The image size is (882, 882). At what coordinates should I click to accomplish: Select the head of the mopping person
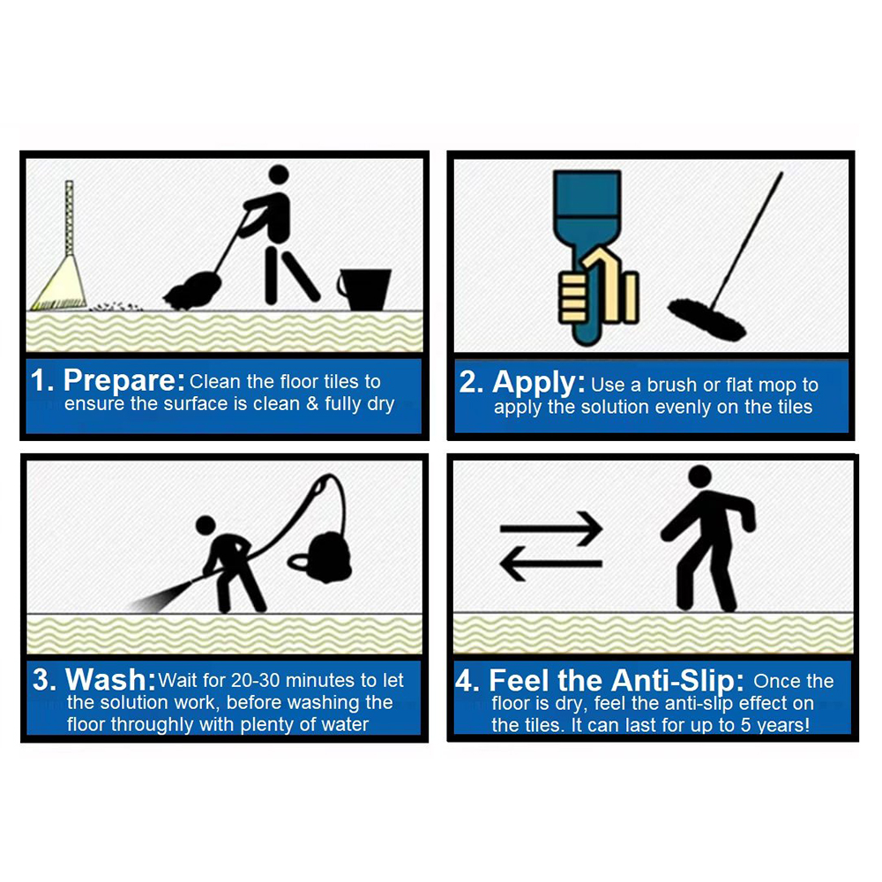[279, 175]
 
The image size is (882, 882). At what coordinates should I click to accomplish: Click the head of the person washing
[206, 526]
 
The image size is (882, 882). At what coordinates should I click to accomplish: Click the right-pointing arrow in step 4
[551, 528]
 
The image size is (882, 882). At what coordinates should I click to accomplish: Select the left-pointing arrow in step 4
[551, 564]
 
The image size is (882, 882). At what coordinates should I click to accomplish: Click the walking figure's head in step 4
[699, 476]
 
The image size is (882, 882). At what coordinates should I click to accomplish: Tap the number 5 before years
[744, 725]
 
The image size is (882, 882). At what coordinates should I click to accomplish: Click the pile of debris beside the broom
[116, 306]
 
